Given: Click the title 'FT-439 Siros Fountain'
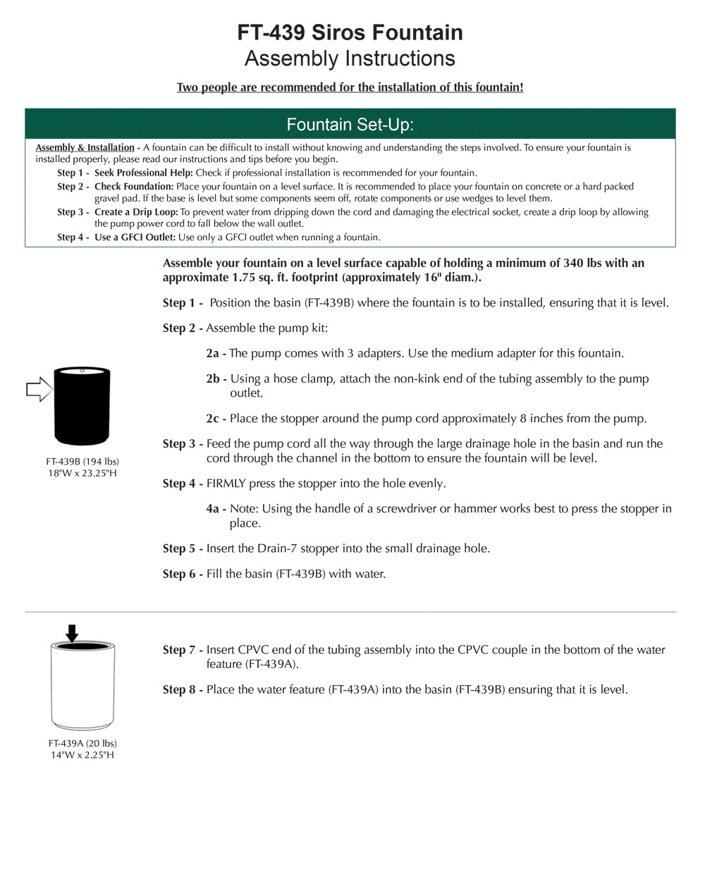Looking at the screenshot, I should point(350,32).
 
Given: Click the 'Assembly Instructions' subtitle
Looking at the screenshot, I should point(350,58).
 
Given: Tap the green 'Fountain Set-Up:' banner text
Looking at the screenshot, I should point(350,125).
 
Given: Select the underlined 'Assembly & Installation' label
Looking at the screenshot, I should point(85,147).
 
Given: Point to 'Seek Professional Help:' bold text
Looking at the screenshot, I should point(143,173).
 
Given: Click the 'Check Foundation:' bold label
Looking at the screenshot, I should point(134,187).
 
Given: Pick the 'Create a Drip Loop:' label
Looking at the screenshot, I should point(136,212).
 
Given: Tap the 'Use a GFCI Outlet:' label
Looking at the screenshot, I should point(135,238).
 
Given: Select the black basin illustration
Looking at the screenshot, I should point(82,406).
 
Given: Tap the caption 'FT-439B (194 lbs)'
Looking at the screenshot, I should point(82,462).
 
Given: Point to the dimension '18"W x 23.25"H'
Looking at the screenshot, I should point(82,473).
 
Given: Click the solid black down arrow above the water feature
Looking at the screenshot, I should point(71,633).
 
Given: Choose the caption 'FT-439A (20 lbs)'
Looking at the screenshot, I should point(82,744).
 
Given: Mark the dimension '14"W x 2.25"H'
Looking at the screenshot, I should point(82,755).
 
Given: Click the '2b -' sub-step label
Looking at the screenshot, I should point(216,379).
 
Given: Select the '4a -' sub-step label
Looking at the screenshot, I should point(216,509).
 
